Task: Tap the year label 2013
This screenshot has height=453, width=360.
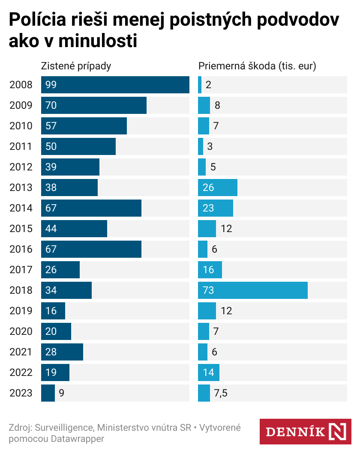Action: tap(21, 188)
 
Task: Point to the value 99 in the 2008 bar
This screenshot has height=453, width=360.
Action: tap(51, 85)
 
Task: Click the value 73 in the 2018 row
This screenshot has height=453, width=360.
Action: tap(208, 290)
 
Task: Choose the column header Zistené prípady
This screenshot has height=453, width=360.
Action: tap(76, 66)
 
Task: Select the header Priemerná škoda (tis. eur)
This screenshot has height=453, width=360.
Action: tap(257, 66)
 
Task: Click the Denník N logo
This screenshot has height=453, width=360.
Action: tap(306, 431)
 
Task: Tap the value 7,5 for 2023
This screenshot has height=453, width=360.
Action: tap(220, 393)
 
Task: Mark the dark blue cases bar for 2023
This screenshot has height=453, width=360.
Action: tap(48, 393)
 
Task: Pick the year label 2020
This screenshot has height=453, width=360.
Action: tap(21, 331)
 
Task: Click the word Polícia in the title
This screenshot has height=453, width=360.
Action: tap(36, 20)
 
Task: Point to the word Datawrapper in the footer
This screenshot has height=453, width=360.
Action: tap(78, 438)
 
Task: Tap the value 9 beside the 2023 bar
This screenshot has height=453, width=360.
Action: tap(62, 393)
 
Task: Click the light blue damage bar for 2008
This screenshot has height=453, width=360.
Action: tap(200, 85)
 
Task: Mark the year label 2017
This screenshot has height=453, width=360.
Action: tap(21, 270)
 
